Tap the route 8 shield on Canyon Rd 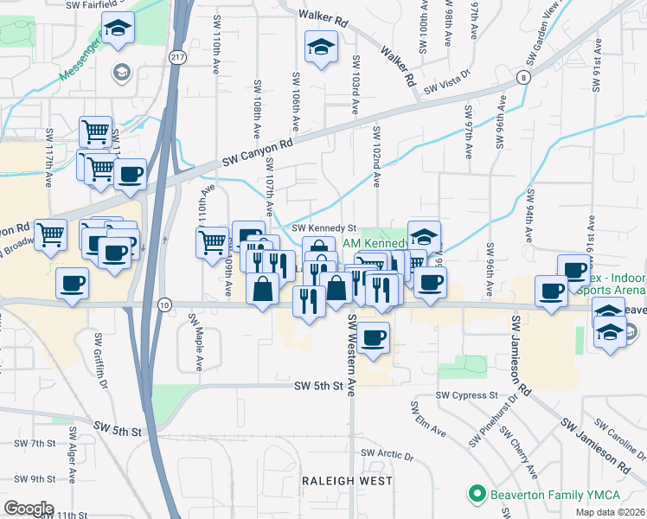524,78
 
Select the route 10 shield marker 164,304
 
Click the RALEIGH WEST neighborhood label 347,480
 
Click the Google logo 29,509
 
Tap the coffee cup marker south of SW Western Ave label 374,337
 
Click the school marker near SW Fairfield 118,30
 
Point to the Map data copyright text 609,512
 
